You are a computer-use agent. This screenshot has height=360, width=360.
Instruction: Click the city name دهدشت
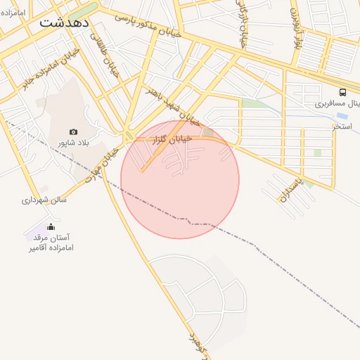pos(64,22)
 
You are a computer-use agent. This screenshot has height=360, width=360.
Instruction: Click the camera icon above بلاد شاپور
pos(73,131)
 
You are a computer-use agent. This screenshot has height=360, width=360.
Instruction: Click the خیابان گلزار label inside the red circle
pos(172,139)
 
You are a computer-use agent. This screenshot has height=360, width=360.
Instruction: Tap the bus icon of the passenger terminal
pos(342,92)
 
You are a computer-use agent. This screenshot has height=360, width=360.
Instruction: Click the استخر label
pos(342,127)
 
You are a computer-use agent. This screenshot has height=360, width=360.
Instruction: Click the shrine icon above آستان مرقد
pos(51,226)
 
